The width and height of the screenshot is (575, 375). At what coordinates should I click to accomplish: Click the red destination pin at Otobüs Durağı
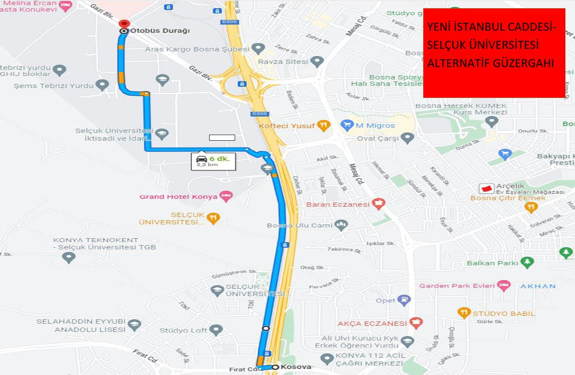pyautogui.click(x=124, y=25)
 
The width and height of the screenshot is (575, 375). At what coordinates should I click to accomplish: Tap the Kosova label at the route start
pyautogui.click(x=295, y=367)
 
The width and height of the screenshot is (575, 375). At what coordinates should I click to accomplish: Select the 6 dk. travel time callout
pyautogui.click(x=214, y=161)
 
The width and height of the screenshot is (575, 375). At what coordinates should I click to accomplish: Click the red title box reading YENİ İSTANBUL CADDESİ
pyautogui.click(x=494, y=53)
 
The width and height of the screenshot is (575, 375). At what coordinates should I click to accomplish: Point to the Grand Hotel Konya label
pyautogui.click(x=178, y=197)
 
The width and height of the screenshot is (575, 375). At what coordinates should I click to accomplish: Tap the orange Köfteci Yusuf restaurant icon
pyautogui.click(x=324, y=126)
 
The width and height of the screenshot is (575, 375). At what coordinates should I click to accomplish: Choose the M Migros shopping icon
pyautogui.click(x=347, y=126)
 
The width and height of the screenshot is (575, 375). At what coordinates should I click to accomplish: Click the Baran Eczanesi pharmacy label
pyautogui.click(x=338, y=204)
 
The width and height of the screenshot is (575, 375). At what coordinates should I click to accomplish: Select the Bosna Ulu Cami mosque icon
pyautogui.click(x=341, y=225)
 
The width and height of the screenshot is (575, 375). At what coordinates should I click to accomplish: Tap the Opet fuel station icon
pyautogui.click(x=404, y=300)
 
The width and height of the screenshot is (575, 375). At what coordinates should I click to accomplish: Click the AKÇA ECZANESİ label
pyautogui.click(x=372, y=323)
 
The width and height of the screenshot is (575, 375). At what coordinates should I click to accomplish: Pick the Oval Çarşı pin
pyautogui.click(x=408, y=139)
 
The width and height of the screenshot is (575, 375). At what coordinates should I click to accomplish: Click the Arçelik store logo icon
pyautogui.click(x=487, y=189)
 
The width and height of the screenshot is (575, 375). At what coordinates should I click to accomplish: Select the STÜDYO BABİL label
pyautogui.click(x=503, y=314)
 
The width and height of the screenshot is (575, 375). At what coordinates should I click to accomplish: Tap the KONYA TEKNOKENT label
pyautogui.click(x=96, y=240)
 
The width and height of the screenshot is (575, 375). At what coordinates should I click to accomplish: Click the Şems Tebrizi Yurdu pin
pyautogui.click(x=102, y=85)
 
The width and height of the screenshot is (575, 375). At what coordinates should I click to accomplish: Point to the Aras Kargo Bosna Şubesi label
pyautogui.click(x=197, y=49)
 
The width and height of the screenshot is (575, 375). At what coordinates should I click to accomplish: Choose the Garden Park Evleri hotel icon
pyautogui.click(x=503, y=286)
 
